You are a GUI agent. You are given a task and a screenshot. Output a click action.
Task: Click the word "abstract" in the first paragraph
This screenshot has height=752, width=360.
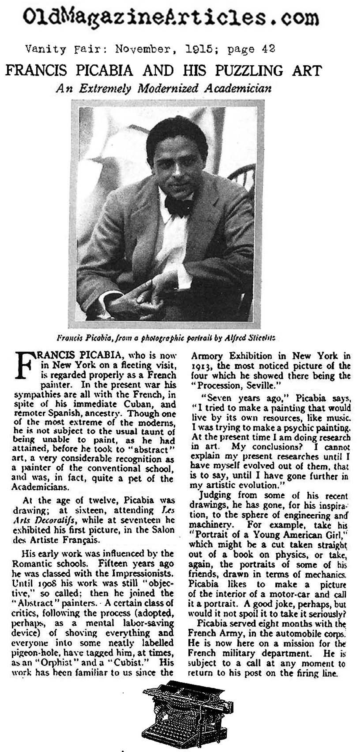click(152, 450)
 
